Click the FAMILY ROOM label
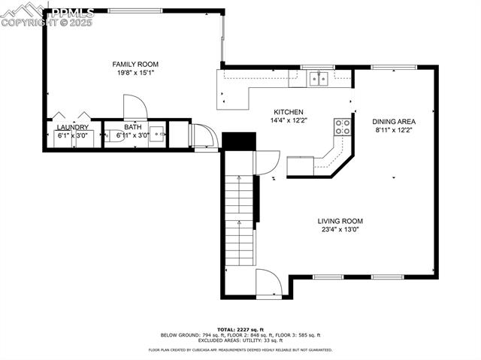(135, 65)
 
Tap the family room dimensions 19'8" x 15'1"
(135, 73)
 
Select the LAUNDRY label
(73, 128)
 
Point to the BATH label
(133, 128)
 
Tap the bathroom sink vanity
(156, 135)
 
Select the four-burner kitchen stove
(343, 127)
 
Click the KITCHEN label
(288, 111)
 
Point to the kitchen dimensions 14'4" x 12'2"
(288, 120)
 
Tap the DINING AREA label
(394, 121)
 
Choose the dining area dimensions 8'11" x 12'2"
(394, 130)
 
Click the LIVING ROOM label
(340, 221)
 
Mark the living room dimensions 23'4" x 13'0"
(340, 230)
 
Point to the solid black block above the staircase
(240, 141)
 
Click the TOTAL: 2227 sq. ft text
(240, 330)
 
